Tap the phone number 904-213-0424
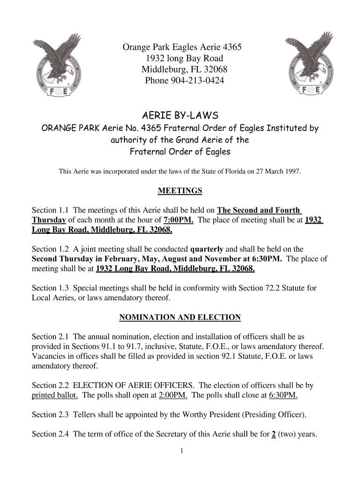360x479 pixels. click(198, 81)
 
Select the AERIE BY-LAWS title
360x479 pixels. click(180, 116)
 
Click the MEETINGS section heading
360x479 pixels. click(180, 191)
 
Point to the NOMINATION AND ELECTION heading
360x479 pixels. click(180, 318)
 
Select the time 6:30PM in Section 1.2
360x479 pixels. click(266, 259)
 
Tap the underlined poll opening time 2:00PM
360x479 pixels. click(173, 395)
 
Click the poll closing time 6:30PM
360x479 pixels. click(283, 395)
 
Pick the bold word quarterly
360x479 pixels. click(207, 249)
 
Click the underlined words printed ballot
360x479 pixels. click(55, 395)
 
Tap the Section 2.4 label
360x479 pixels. click(50, 434)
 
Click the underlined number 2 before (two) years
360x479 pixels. click(273, 434)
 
